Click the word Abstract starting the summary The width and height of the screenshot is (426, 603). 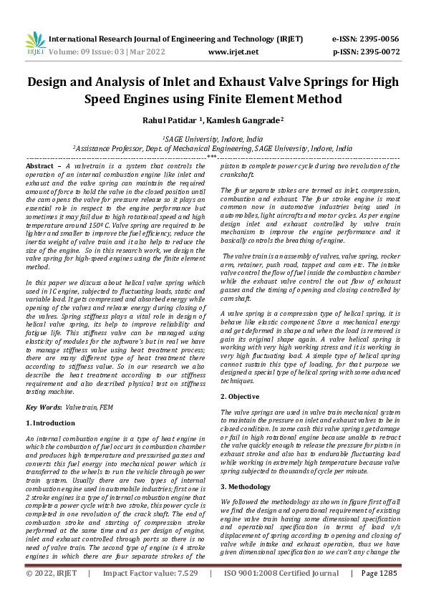click(42, 165)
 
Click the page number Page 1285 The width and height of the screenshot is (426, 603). click(379, 593)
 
